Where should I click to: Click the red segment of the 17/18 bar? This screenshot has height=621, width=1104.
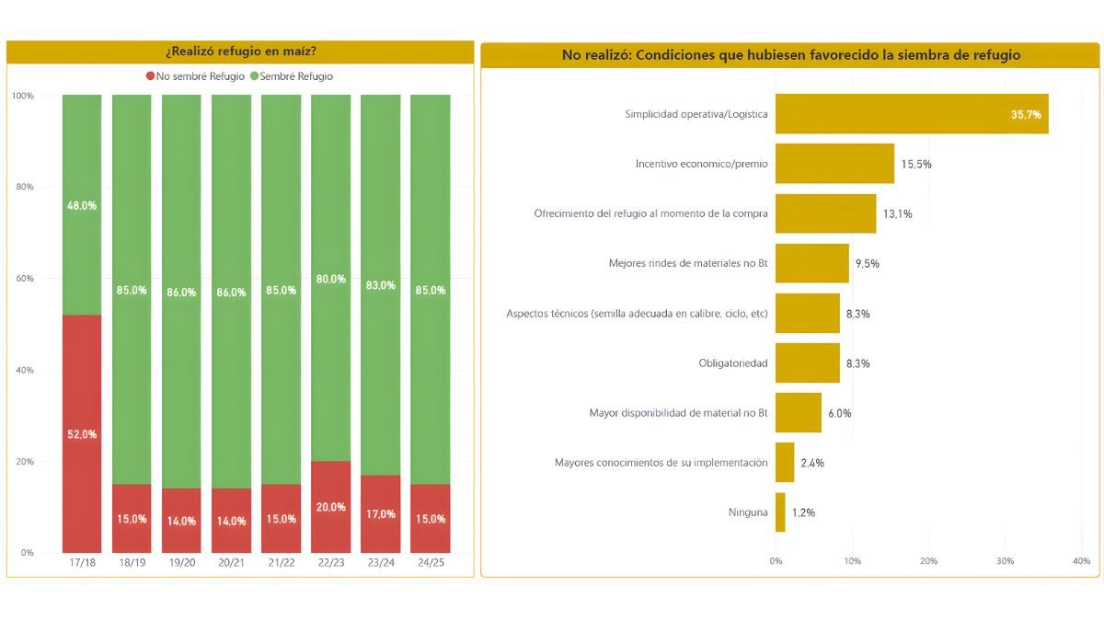point(82,433)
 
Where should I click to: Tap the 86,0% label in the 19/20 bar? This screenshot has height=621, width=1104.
point(181,292)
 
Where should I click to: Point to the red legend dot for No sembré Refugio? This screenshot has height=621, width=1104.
point(150,76)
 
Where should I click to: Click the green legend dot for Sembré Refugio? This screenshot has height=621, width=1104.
point(254,76)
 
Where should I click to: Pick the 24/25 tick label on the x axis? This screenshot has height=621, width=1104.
point(430,561)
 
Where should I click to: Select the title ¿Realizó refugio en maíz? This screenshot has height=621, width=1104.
point(240,52)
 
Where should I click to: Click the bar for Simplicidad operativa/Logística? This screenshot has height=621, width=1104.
point(911,114)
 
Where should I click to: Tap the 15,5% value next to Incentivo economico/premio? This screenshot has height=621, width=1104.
point(916,164)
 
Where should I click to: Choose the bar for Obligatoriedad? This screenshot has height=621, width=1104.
point(807,363)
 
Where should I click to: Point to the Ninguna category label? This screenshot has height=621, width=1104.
point(747,512)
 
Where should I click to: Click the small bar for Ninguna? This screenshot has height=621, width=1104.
point(780,512)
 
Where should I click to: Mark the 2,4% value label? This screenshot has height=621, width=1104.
point(811,463)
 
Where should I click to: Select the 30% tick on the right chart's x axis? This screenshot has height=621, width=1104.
point(1005,561)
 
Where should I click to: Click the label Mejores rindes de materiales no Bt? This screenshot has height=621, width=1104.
point(688,263)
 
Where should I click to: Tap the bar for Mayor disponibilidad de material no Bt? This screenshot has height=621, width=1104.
point(798,413)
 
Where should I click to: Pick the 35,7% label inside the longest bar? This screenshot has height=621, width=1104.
point(1026,114)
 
